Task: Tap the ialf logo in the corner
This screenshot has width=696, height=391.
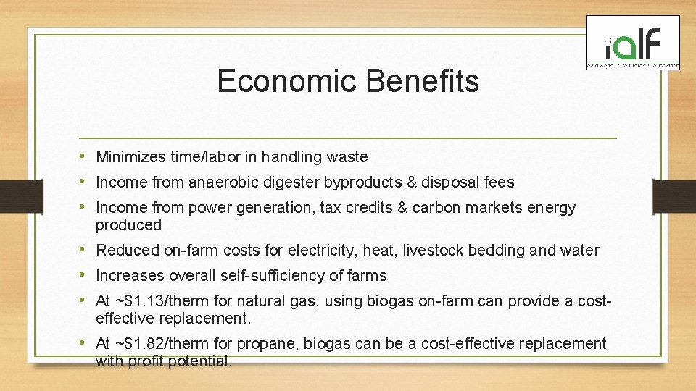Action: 633,44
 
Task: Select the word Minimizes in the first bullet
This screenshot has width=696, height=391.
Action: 131,157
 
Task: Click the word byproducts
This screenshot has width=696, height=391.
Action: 357,182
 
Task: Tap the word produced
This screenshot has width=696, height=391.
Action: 129,225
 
